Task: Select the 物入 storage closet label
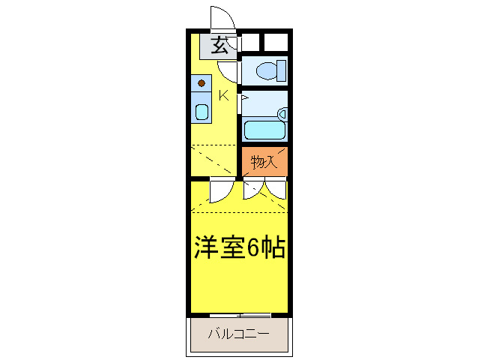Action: [264, 161]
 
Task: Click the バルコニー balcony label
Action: [238, 332]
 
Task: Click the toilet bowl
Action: [265, 71]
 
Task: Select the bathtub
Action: [264, 129]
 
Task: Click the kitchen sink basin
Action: [202, 112]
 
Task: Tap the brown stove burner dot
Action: [202, 83]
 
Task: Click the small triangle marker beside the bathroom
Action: [243, 97]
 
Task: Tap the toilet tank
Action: [282, 71]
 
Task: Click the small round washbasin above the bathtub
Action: [282, 114]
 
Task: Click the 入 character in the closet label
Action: [273, 161]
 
